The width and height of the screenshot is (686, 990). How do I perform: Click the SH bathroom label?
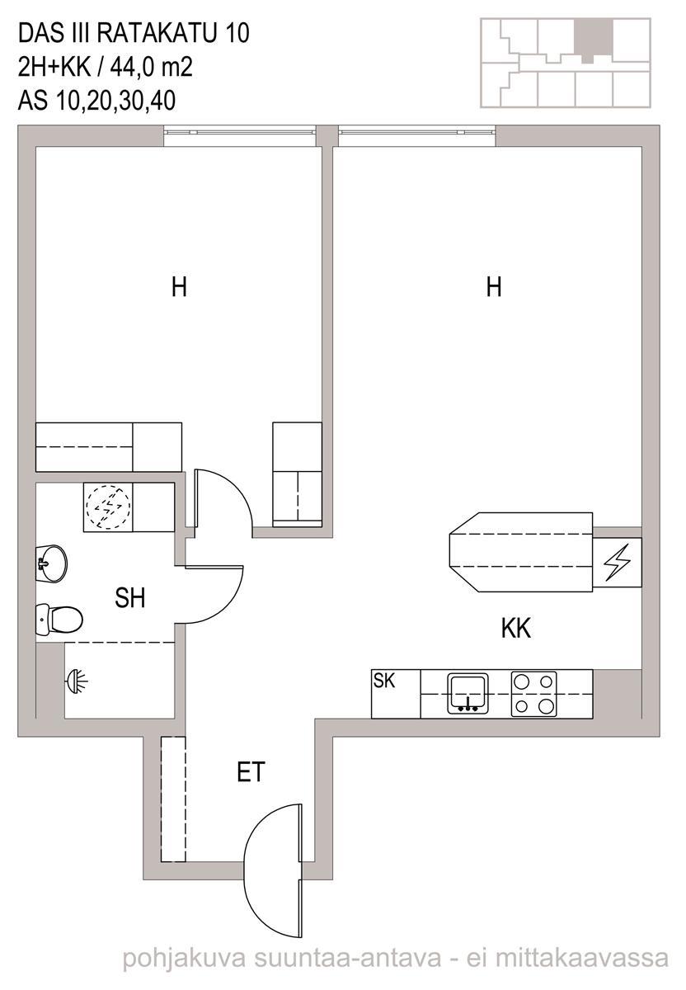[130, 598]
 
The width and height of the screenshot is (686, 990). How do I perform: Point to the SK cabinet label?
[384, 681]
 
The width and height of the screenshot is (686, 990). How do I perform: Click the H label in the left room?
[179, 287]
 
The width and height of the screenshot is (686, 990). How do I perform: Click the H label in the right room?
[493, 287]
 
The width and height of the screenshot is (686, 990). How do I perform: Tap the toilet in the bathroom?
[59, 620]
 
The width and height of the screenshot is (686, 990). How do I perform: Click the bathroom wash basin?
[51, 564]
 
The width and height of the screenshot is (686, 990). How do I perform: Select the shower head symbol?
[77, 682]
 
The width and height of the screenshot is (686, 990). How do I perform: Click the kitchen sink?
[468, 693]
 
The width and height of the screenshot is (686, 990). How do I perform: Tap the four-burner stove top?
[533, 694]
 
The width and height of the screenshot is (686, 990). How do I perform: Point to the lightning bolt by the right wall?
[618, 562]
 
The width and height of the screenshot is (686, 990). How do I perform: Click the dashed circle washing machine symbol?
[108, 507]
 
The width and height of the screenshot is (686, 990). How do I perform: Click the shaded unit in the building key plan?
[594, 39]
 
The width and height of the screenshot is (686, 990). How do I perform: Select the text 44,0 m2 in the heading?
[152, 68]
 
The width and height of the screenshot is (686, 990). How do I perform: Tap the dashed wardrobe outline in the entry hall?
[173, 799]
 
